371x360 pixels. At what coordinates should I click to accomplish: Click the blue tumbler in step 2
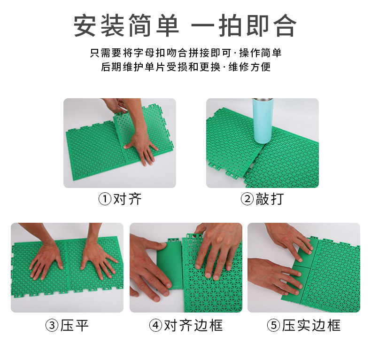point(262,120)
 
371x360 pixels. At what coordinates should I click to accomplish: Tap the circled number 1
point(105,199)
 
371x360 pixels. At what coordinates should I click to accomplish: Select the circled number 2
point(247,199)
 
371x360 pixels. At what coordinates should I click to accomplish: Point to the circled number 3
point(52,325)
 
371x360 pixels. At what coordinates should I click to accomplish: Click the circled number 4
point(156,325)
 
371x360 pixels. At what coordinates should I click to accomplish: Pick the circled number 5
point(274,325)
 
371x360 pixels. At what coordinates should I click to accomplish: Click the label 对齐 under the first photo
point(127,199)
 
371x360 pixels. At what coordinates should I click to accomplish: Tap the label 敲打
point(270,199)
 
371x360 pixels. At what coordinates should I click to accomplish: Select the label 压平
point(74,325)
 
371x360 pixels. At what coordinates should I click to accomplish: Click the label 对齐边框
point(193,325)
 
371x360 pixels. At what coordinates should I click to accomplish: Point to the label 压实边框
point(311,325)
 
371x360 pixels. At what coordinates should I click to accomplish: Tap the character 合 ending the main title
point(285,25)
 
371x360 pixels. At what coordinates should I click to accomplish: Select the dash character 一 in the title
point(203,25)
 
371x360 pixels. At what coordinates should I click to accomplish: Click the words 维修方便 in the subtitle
point(249,67)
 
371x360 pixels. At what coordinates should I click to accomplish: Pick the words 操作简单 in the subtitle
point(260,53)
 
